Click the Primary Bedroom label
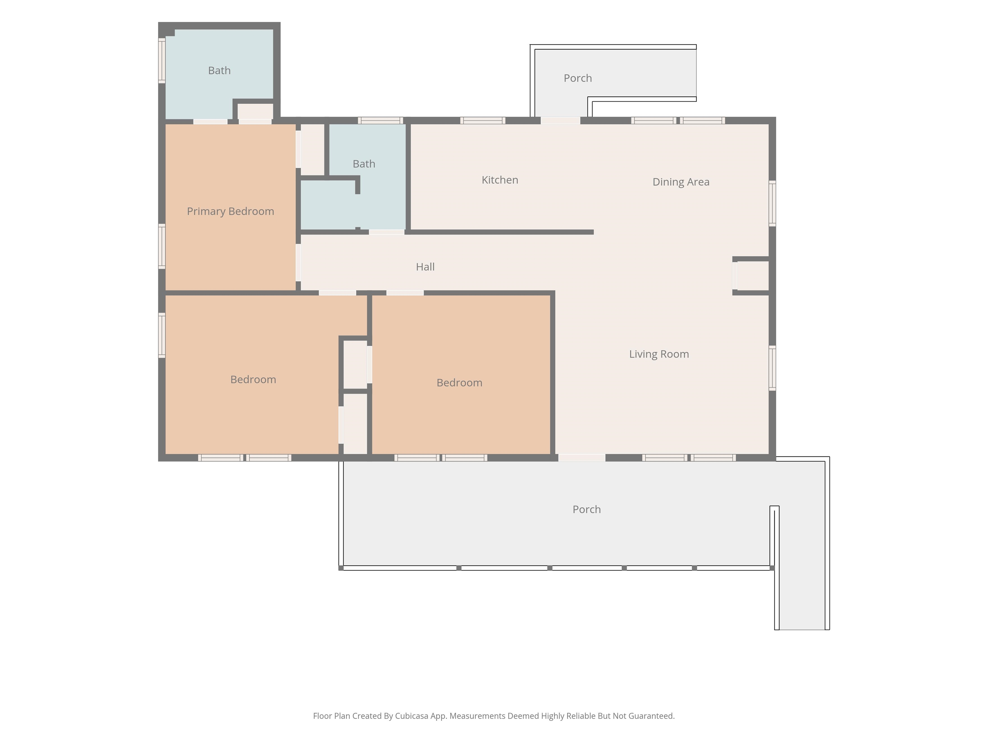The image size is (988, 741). click(231, 211)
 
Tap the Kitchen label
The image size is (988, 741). click(500, 180)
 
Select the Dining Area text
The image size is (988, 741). click(681, 182)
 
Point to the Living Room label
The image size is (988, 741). click(659, 354)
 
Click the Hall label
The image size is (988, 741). click(425, 267)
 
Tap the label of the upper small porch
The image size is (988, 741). click(578, 78)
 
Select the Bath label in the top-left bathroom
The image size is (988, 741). click(219, 70)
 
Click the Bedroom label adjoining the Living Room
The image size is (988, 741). click(459, 383)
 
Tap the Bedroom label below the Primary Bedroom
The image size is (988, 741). click(253, 380)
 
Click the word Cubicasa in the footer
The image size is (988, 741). click(411, 716)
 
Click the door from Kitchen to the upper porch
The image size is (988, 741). click(561, 121)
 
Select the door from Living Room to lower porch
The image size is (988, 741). click(581, 458)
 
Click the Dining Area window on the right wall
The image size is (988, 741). click(772, 203)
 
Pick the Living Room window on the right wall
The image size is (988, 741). click(772, 368)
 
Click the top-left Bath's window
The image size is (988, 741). click(162, 60)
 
